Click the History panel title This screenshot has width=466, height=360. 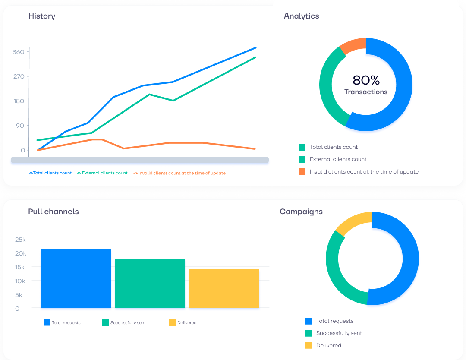pyautogui.click(x=42, y=16)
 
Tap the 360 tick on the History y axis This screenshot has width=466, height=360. pyautogui.click(x=19, y=52)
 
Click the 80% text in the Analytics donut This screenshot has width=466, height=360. pyautogui.click(x=366, y=80)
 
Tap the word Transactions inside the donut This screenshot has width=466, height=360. pyautogui.click(x=366, y=92)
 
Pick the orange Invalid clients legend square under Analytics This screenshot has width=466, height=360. pyautogui.click(x=302, y=172)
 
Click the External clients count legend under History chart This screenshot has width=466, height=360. pyautogui.click(x=102, y=173)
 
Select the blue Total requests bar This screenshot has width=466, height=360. pyautogui.click(x=76, y=278)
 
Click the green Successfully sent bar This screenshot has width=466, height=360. pyautogui.click(x=150, y=283)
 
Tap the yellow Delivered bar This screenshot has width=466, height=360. pyautogui.click(x=224, y=288)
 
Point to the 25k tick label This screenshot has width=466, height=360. pyautogui.click(x=21, y=240)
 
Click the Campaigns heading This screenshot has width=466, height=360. pyautogui.click(x=301, y=212)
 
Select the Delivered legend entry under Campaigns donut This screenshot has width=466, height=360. pyautogui.click(x=328, y=345)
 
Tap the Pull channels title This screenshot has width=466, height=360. pyautogui.click(x=54, y=212)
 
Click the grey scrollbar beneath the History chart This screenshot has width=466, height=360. pyautogui.click(x=139, y=160)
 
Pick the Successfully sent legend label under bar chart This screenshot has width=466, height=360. pyautogui.click(x=128, y=323)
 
